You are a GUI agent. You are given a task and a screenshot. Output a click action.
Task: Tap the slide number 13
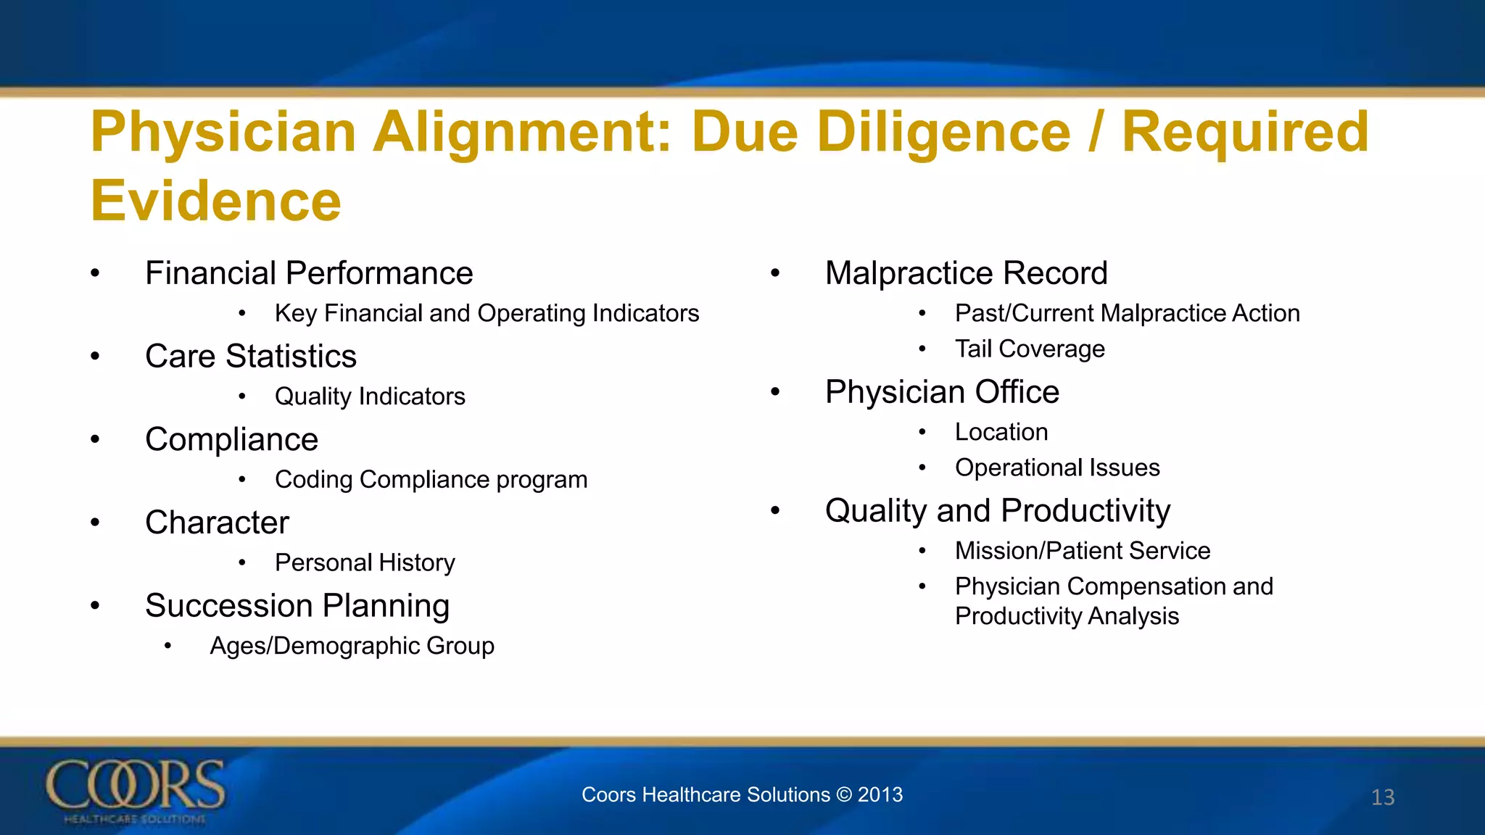pyautogui.click(x=1383, y=797)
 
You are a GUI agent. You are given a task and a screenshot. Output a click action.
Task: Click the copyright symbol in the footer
pyautogui.click(x=844, y=794)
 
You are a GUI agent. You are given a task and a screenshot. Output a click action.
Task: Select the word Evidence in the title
pyautogui.click(x=216, y=201)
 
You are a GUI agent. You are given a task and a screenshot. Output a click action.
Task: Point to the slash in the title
pyautogui.click(x=1096, y=132)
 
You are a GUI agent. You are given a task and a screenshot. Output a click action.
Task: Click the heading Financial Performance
pyautogui.click(x=309, y=273)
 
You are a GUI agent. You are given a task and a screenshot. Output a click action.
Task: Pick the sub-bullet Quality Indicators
pyautogui.click(x=370, y=396)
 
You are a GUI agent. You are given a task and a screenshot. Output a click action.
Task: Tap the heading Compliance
pyautogui.click(x=231, y=439)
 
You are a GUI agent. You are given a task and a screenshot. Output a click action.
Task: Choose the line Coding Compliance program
pyautogui.click(x=431, y=479)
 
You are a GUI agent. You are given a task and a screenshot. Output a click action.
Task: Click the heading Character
pyautogui.click(x=217, y=523)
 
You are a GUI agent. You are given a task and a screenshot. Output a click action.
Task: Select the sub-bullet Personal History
pyautogui.click(x=365, y=562)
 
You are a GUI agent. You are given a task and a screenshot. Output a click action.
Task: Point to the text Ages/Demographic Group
pyautogui.click(x=352, y=645)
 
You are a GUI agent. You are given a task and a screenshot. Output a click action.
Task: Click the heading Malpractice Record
pyautogui.click(x=966, y=273)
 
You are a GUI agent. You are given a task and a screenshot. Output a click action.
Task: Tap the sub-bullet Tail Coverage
pyautogui.click(x=1030, y=349)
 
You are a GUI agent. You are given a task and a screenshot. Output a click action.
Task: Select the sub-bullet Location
pyautogui.click(x=1001, y=432)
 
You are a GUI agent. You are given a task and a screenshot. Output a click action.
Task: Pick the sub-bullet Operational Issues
pyautogui.click(x=1057, y=468)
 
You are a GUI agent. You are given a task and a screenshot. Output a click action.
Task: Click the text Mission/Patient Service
pyautogui.click(x=1083, y=550)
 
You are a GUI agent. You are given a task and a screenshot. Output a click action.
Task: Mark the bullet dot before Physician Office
pyautogui.click(x=775, y=392)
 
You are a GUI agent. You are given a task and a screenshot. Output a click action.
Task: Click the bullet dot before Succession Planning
pyautogui.click(x=95, y=606)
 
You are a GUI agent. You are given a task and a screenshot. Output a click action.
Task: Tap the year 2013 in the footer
pyautogui.click(x=880, y=794)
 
